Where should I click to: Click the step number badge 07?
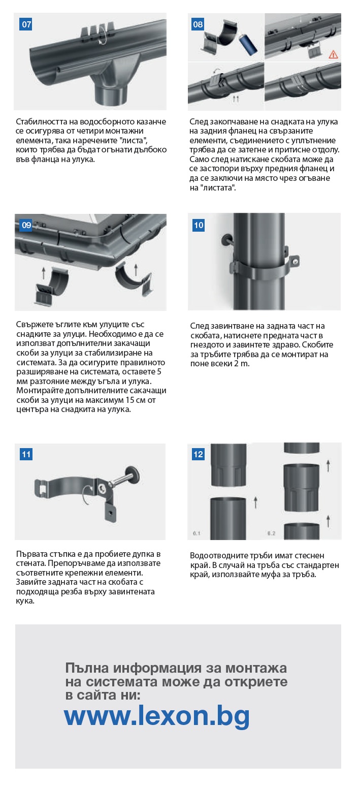26,24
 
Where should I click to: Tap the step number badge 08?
198,24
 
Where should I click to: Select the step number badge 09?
26,225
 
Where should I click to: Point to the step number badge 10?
199,225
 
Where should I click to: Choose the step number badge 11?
26,454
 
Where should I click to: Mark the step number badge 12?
199,454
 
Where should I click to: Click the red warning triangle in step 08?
333,54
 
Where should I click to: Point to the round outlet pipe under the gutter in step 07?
113,94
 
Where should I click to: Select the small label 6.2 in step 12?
271,533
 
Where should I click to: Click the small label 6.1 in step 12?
197,533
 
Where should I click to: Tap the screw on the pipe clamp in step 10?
296,261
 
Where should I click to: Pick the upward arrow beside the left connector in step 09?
44,273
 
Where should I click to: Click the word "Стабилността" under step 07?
42,121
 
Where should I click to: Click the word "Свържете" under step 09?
34,325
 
